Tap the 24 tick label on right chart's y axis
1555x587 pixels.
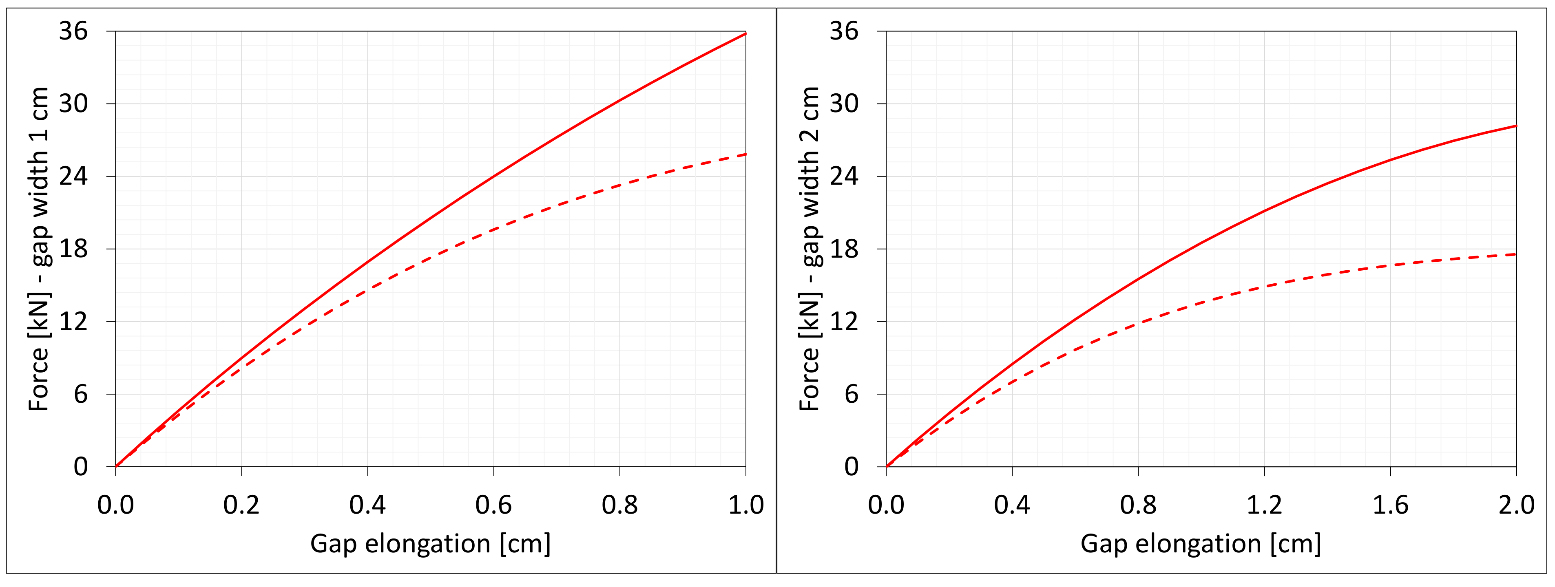[843, 176]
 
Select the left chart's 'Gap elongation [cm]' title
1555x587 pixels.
[430, 543]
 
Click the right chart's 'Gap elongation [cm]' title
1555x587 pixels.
[1201, 543]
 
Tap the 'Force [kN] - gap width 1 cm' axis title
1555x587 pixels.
[39, 249]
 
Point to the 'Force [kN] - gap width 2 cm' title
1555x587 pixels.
[810, 249]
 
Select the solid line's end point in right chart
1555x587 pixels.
[1516, 126]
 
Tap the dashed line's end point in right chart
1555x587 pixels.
[1516, 254]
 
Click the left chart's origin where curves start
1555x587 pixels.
[116, 466]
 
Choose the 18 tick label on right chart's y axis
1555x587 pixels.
[843, 249]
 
